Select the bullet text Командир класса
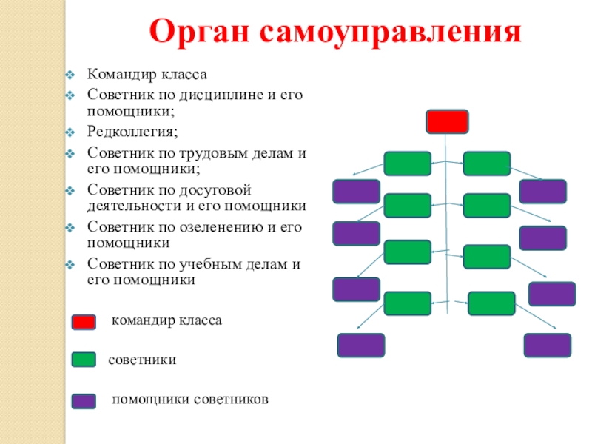click(x=147, y=75)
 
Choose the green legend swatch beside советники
click(x=84, y=360)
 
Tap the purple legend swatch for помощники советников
click(x=84, y=401)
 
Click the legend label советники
click(x=142, y=360)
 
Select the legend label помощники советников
click(x=190, y=400)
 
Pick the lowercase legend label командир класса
click(x=166, y=321)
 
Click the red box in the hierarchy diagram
click(x=447, y=121)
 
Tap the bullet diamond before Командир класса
click(x=69, y=75)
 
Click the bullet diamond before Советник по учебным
click(x=69, y=263)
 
